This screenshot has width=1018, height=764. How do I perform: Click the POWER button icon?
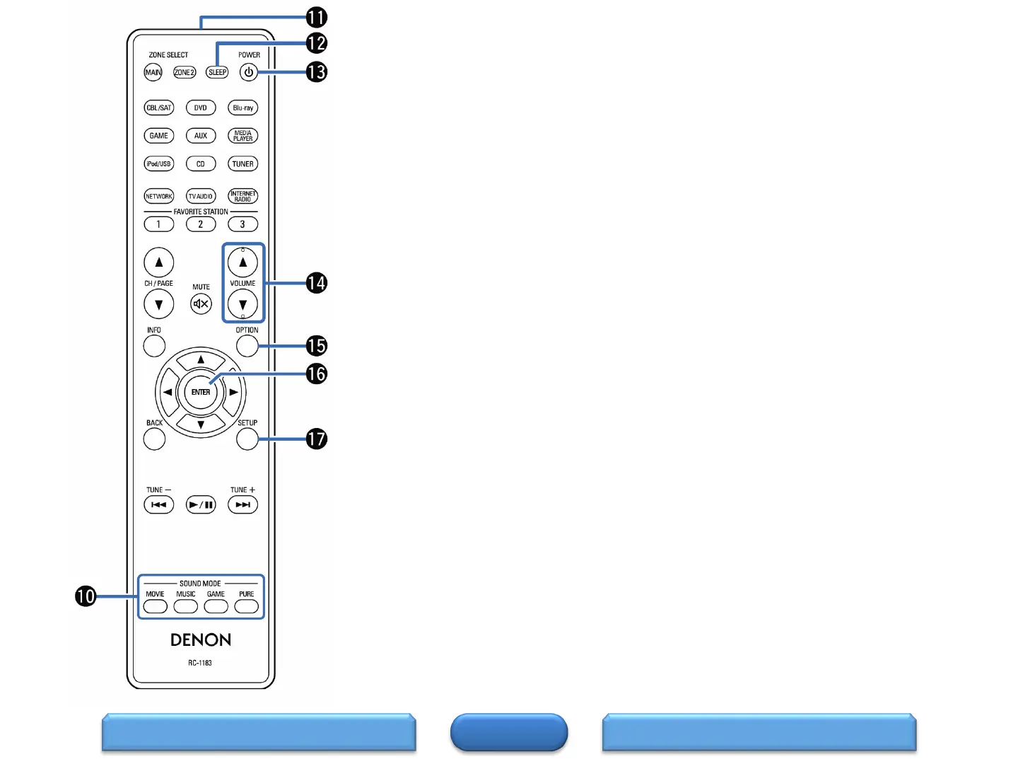248,72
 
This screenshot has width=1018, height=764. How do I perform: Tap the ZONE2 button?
185,72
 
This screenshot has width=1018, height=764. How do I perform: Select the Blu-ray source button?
242,108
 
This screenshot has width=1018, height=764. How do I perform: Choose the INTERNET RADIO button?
242,196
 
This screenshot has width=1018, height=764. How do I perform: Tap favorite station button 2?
201,224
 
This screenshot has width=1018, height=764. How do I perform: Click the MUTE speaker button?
201,304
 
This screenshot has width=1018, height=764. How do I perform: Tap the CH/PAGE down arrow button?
159,305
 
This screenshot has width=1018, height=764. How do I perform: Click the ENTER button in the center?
201,392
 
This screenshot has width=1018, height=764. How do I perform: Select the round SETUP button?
247,439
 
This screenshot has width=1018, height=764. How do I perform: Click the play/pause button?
201,504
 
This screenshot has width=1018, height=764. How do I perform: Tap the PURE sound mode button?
246,607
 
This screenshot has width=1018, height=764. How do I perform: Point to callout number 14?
316,283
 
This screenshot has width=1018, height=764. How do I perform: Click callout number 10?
86,596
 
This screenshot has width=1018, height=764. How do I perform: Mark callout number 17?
316,439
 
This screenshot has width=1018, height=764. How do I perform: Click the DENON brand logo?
201,639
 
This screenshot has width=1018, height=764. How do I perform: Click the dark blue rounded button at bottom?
509,732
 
